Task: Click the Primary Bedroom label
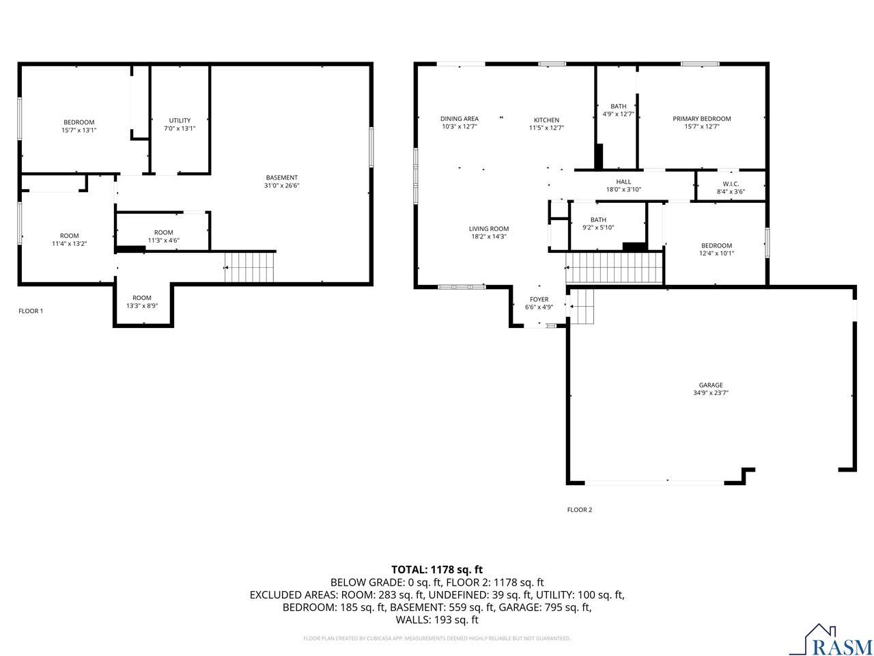(701, 119)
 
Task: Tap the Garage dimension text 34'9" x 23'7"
(710, 393)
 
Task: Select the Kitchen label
(546, 120)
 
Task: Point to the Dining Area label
(459, 119)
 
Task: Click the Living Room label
(488, 229)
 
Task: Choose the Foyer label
(539, 299)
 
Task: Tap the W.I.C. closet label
(730, 184)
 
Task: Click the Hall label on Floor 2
(623, 182)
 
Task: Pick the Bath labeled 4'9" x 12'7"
(618, 107)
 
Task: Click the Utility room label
(180, 120)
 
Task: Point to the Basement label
(281, 178)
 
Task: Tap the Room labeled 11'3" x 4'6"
(163, 232)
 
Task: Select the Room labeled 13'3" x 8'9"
(141, 298)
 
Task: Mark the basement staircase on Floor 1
(250, 266)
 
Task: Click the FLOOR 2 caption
(579, 510)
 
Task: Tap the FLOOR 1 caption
(31, 311)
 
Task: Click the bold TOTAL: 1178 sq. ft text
(436, 569)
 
